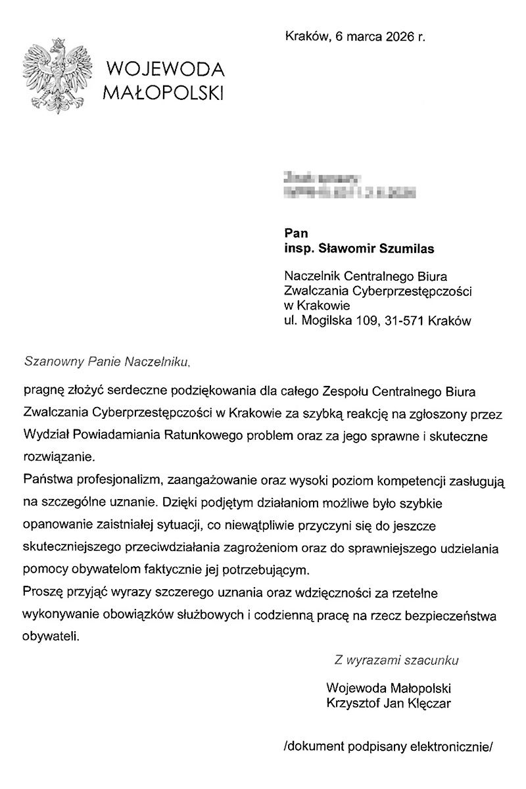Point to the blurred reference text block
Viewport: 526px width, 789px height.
tap(348, 185)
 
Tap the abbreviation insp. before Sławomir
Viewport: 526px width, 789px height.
tap(299, 248)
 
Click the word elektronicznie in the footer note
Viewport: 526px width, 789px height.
tap(450, 746)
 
